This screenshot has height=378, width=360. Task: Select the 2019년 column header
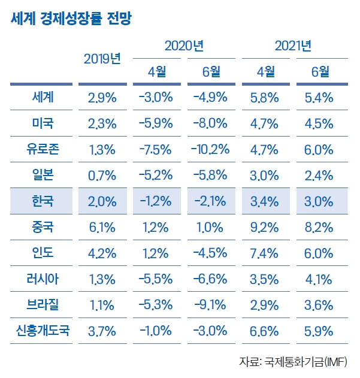click(102, 59)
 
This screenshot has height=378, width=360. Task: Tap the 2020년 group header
click(184, 46)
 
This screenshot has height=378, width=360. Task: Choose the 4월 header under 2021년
click(266, 72)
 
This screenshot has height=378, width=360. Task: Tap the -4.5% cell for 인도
click(211, 253)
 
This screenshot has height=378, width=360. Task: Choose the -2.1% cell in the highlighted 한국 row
click(211, 201)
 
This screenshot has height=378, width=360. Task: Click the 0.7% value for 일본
click(102, 176)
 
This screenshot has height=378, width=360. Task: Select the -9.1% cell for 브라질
click(211, 305)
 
